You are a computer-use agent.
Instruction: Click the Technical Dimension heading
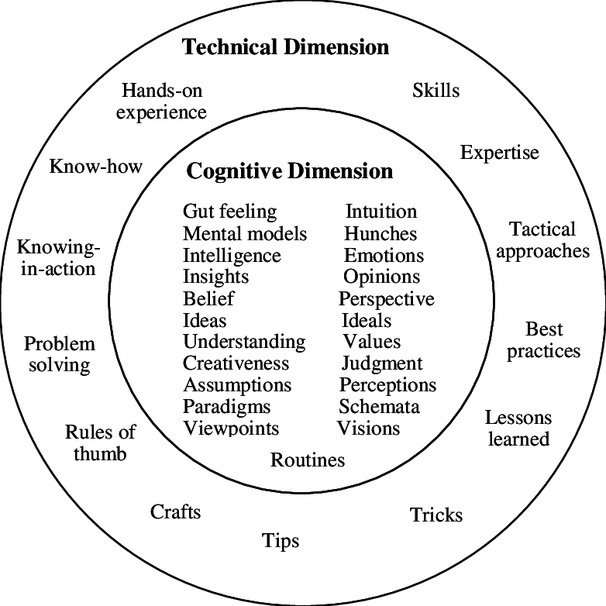point(285,47)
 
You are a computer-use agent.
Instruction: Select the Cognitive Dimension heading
point(290,170)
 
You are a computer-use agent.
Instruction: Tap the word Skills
point(436,91)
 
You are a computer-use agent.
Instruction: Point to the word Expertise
point(499,152)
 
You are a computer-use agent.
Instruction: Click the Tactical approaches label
point(542,240)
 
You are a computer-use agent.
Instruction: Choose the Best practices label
point(543,340)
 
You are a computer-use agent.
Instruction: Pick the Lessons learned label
point(518,428)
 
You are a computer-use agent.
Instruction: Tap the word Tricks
point(436,515)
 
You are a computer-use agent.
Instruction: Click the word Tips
point(281,540)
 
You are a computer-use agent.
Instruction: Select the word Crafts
point(176,511)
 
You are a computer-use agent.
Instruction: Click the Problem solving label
point(60,354)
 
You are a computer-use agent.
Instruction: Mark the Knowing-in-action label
point(57,258)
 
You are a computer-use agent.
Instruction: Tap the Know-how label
point(96,166)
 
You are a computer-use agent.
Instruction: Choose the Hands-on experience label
point(162,102)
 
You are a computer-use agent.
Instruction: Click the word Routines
point(308,460)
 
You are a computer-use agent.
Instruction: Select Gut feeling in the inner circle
point(229,212)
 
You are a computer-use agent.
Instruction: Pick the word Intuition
point(380,212)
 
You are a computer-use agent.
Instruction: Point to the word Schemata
point(379,407)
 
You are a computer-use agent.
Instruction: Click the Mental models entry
point(245,233)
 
